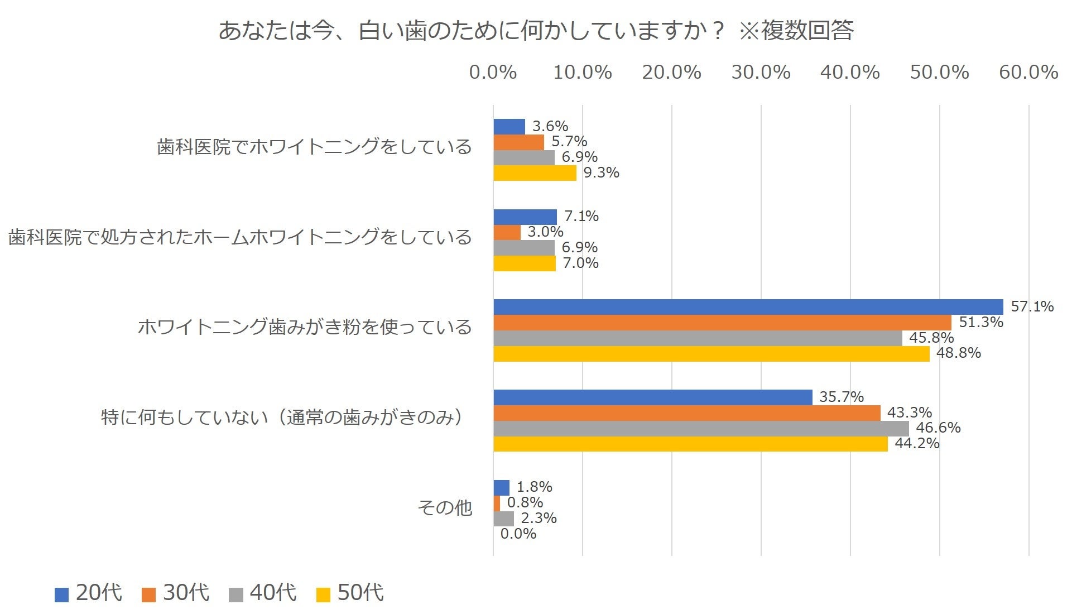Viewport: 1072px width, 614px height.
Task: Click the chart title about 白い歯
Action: click(x=536, y=30)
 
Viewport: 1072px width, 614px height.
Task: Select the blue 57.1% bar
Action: click(x=748, y=306)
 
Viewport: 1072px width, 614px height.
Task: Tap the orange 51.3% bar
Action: click(x=722, y=322)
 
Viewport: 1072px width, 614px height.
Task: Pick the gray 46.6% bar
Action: click(x=701, y=428)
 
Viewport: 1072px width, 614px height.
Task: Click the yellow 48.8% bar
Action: click(x=711, y=353)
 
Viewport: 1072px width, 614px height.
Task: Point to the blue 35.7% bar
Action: click(x=652, y=397)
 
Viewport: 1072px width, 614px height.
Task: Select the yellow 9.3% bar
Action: click(x=535, y=173)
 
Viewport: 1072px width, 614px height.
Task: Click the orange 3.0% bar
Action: click(x=507, y=232)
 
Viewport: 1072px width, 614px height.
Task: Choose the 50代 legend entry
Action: click(x=350, y=593)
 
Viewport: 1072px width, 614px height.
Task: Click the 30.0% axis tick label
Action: click(x=761, y=72)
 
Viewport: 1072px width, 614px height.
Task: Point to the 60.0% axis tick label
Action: click(x=1028, y=72)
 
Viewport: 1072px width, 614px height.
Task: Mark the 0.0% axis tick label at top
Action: click(x=493, y=72)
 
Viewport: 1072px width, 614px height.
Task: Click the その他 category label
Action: click(x=445, y=507)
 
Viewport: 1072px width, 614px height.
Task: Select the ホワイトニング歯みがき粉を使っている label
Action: click(x=305, y=327)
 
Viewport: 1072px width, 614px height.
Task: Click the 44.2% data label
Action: click(x=917, y=444)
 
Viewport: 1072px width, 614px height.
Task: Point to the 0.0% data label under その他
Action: click(x=518, y=534)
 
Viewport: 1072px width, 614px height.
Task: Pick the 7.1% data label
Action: click(x=581, y=216)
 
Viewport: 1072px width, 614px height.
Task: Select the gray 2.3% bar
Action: click(x=503, y=519)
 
